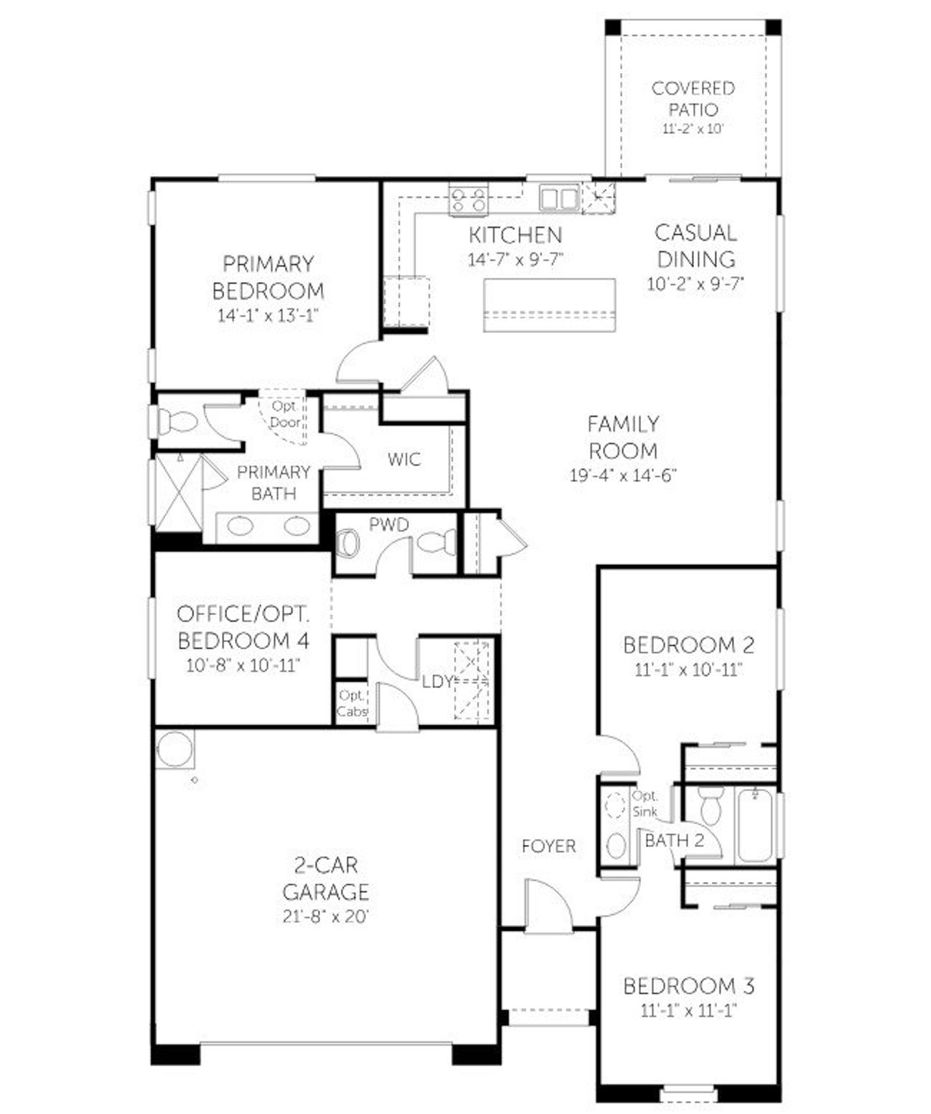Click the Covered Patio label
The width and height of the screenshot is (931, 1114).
coord(692,99)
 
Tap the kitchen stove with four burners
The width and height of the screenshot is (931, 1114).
coord(468,199)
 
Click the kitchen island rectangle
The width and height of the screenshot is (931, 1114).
coord(550,305)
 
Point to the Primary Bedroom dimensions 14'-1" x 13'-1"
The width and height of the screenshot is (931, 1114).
coord(268,316)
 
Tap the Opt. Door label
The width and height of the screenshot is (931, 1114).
coord(284,414)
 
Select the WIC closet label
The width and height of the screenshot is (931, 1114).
coord(404,460)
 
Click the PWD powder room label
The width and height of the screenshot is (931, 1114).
coord(388,524)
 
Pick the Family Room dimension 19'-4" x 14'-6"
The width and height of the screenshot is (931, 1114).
coord(623,475)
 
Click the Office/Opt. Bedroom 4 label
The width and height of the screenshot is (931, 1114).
coord(244,627)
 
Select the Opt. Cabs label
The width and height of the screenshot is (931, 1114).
coord(352,703)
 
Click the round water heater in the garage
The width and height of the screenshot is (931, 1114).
coord(175,750)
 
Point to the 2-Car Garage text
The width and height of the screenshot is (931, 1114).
coord(326,878)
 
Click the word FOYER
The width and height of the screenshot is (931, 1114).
coord(548,846)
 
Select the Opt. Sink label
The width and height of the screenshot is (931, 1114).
coord(644,803)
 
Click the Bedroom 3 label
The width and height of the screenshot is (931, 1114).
coord(688,986)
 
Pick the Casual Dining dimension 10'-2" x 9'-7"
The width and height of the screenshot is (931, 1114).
coord(696,284)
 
